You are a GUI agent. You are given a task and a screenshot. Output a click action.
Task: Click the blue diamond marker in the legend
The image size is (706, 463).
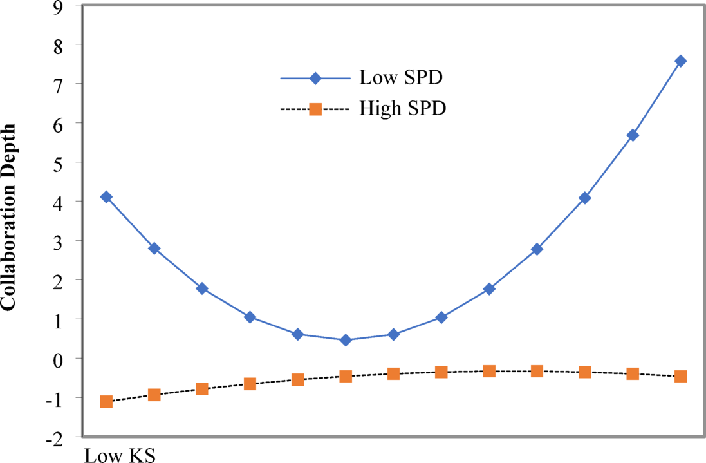pyautogui.click(x=315, y=79)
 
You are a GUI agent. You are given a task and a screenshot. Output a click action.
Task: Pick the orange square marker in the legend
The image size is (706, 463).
pyautogui.click(x=315, y=109)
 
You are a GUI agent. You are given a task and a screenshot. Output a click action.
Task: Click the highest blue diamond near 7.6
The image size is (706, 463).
pyautogui.click(x=680, y=61)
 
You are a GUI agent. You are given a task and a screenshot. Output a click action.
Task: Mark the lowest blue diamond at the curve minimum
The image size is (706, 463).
pyautogui.click(x=346, y=340)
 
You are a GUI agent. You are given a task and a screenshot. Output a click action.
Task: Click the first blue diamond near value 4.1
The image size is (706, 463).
pyautogui.click(x=107, y=197)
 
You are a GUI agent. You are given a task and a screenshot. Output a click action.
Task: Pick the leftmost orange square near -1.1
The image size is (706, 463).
pyautogui.click(x=107, y=402)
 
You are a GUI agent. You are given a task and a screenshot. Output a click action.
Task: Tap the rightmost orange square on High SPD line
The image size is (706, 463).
pyautogui.click(x=680, y=376)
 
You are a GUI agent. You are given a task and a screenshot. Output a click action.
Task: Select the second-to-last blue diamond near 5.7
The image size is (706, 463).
pyautogui.click(x=633, y=135)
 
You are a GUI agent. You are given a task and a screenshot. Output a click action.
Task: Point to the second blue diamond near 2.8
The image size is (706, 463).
pyautogui.click(x=154, y=249)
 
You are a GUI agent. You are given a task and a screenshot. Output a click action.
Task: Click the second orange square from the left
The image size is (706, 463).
pyautogui.click(x=154, y=395)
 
